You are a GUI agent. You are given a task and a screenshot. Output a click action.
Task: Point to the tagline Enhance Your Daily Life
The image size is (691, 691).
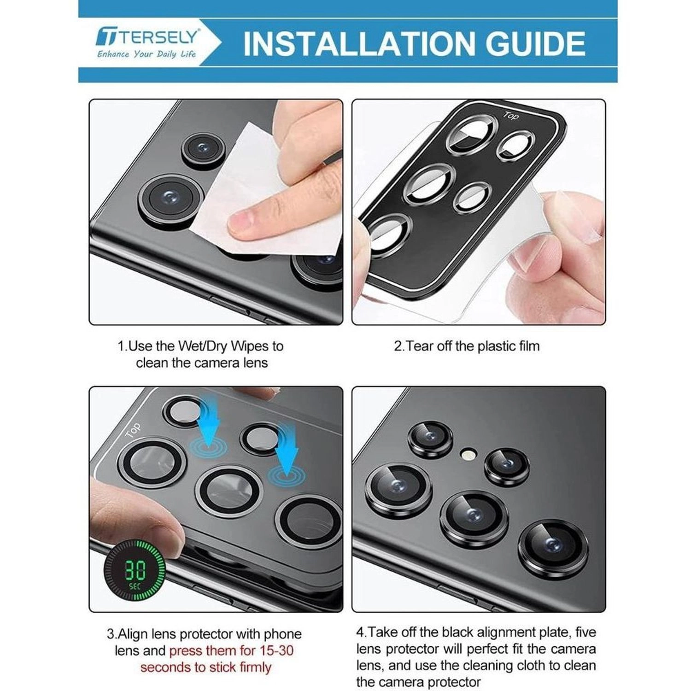(x=146, y=54)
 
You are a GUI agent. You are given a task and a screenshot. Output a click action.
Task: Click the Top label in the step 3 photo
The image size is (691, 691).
(x=133, y=429)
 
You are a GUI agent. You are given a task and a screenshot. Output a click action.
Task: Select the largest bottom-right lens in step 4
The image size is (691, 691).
(x=553, y=549)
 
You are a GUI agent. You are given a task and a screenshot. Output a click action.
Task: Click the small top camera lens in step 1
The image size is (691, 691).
(x=202, y=148)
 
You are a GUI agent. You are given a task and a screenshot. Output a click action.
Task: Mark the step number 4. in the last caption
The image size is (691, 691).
(x=362, y=632)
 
